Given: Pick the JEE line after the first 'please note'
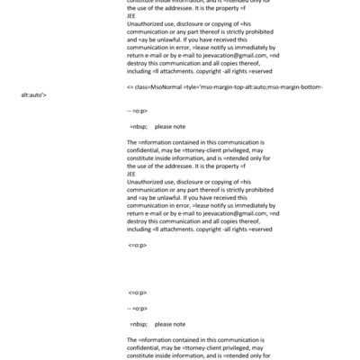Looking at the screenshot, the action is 132,174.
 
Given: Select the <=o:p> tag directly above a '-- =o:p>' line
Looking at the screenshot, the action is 137,292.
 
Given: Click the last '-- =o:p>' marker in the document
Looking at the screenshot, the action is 138,307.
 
